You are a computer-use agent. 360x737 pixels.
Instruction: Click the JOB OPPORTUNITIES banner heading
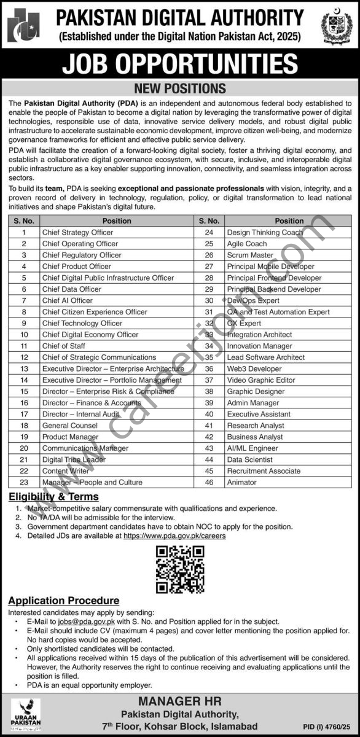180,64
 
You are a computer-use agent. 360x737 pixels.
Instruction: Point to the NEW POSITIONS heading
180,89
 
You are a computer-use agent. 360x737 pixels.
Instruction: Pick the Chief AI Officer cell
68,300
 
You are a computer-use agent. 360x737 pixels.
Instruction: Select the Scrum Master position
250,255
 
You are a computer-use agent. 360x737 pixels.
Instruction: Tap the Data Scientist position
249,459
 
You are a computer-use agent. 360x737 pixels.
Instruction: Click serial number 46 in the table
209,482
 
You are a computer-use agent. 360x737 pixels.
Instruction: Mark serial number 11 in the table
25,346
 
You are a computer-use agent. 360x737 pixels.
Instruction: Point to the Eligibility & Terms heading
53,496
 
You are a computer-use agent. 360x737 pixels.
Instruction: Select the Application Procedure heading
64,601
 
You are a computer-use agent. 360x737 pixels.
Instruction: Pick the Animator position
241,482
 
